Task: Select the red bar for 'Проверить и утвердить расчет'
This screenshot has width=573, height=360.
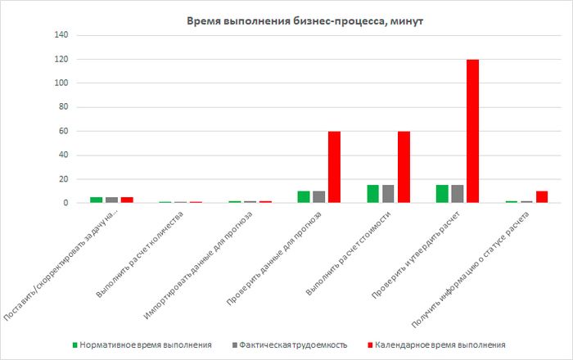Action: pos(472,131)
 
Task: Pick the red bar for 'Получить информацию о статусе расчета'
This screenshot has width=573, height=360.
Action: pos(542,197)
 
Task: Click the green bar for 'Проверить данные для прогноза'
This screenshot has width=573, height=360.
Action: pos(303,197)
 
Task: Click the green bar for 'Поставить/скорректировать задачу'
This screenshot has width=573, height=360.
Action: pos(96,200)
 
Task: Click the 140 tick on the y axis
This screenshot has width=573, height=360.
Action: pos(61,35)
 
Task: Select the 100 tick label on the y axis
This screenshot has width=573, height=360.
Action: pos(61,83)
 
